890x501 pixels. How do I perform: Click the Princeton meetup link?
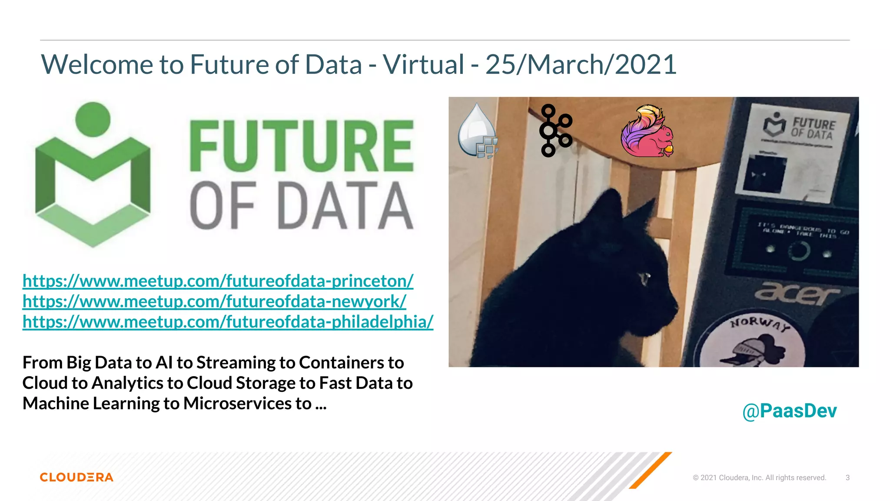click(x=218, y=281)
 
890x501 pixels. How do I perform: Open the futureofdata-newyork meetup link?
click(x=214, y=301)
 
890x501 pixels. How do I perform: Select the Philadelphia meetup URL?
click(x=228, y=322)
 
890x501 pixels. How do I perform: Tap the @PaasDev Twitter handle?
click(x=789, y=411)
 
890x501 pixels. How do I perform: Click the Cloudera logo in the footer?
click(x=76, y=477)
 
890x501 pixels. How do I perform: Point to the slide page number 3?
click(x=847, y=478)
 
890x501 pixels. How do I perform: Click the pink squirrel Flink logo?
click(x=647, y=131)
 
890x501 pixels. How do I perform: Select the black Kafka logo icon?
click(x=555, y=130)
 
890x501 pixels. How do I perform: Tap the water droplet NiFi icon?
click(x=478, y=131)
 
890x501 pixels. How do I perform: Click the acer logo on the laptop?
click(x=797, y=294)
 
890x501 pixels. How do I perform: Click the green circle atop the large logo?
click(x=93, y=119)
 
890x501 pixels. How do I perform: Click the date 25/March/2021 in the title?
click(x=581, y=64)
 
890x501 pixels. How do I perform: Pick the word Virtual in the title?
click(x=424, y=64)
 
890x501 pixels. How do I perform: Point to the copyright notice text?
click(x=759, y=478)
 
